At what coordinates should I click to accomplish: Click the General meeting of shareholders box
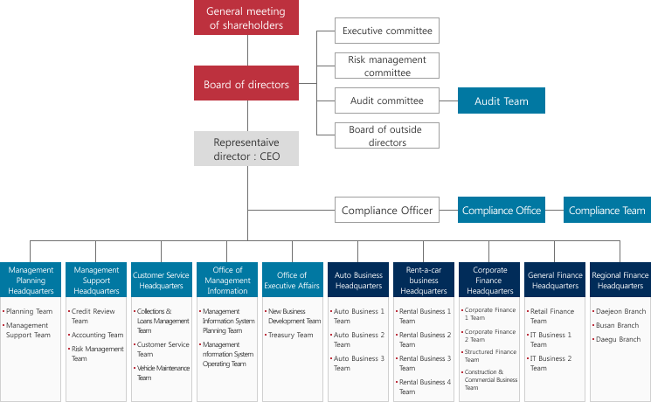tap(246, 17)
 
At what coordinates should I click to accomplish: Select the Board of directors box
tap(246, 84)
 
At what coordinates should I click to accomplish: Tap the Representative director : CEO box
tap(246, 149)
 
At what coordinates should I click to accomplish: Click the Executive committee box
tap(387, 31)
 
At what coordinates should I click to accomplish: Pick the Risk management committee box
tap(387, 66)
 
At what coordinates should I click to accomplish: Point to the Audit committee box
tap(387, 100)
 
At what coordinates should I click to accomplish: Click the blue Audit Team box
tap(501, 100)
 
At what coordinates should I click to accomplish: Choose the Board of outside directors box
tap(387, 135)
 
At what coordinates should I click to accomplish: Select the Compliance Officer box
tap(387, 210)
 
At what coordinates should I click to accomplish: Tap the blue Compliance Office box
tap(502, 210)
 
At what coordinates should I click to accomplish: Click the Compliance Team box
tap(606, 210)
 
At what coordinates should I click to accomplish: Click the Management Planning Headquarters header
tap(31, 280)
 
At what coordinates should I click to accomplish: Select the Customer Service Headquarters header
tap(162, 280)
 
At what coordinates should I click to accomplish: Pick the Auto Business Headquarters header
tap(358, 280)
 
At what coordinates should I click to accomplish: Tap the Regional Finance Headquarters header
tap(620, 280)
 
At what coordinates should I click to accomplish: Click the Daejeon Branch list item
tap(619, 311)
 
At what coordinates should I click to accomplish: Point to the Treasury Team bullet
tap(291, 335)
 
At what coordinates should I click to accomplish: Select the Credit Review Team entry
tap(96, 315)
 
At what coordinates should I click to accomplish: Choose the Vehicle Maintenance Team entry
tap(163, 372)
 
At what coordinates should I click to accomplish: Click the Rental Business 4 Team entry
tap(425, 386)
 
